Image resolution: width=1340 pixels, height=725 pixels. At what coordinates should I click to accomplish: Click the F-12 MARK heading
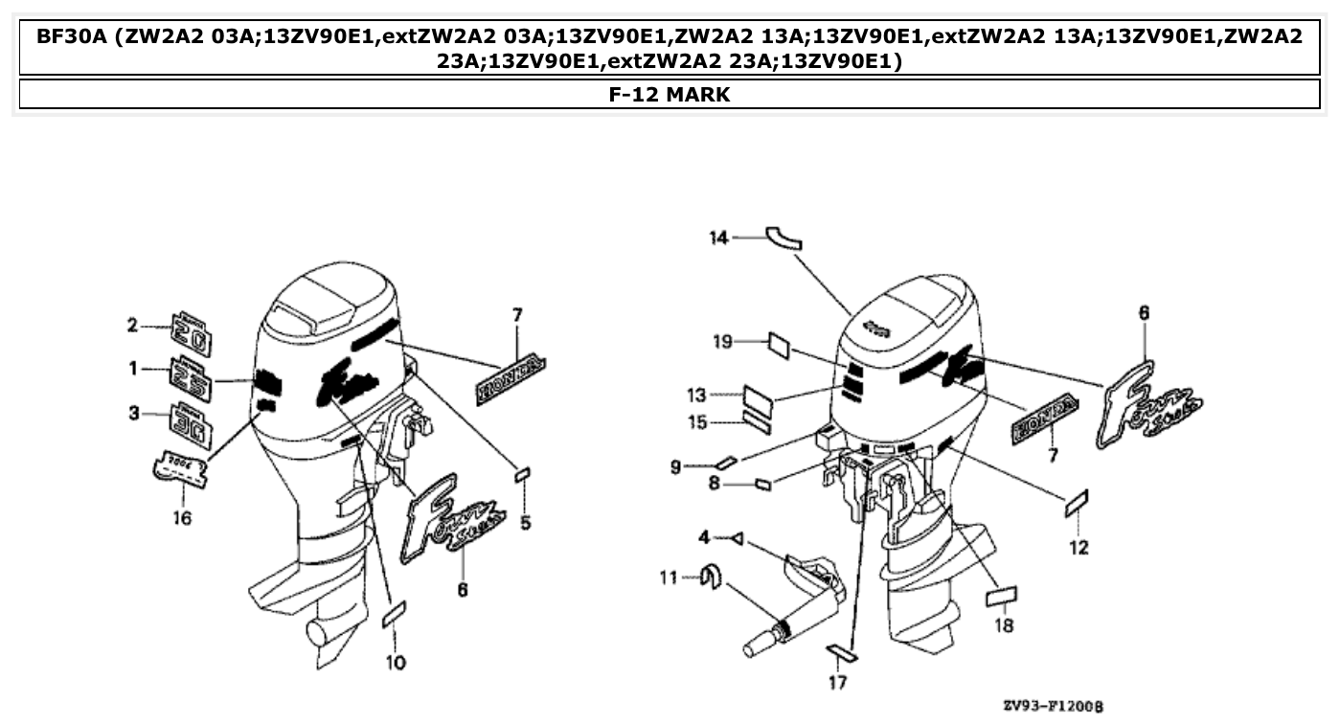pyautogui.click(x=670, y=94)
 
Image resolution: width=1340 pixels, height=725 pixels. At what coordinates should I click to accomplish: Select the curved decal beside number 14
pyautogui.click(x=783, y=238)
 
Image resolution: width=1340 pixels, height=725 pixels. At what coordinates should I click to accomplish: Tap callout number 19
pyautogui.click(x=722, y=342)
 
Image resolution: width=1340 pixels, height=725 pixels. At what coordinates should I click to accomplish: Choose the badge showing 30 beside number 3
pyautogui.click(x=192, y=425)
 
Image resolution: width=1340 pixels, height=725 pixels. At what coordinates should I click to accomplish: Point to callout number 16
pyautogui.click(x=182, y=518)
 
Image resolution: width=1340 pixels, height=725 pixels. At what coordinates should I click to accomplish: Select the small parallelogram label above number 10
pyautogui.click(x=395, y=615)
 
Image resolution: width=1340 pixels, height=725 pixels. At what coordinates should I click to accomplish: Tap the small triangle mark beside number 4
pyautogui.click(x=736, y=538)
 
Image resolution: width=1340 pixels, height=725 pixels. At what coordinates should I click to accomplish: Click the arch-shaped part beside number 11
pyautogui.click(x=710, y=578)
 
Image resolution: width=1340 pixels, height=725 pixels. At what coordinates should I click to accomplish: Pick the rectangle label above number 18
pyautogui.click(x=1001, y=598)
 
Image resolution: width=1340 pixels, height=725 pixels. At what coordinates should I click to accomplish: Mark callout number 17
pyautogui.click(x=838, y=683)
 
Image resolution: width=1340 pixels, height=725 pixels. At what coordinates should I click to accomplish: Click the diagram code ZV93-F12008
pyautogui.click(x=1053, y=707)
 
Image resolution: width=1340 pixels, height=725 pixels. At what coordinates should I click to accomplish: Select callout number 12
pyautogui.click(x=1079, y=548)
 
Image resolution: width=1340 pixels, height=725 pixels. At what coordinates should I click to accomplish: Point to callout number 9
pyautogui.click(x=676, y=466)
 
